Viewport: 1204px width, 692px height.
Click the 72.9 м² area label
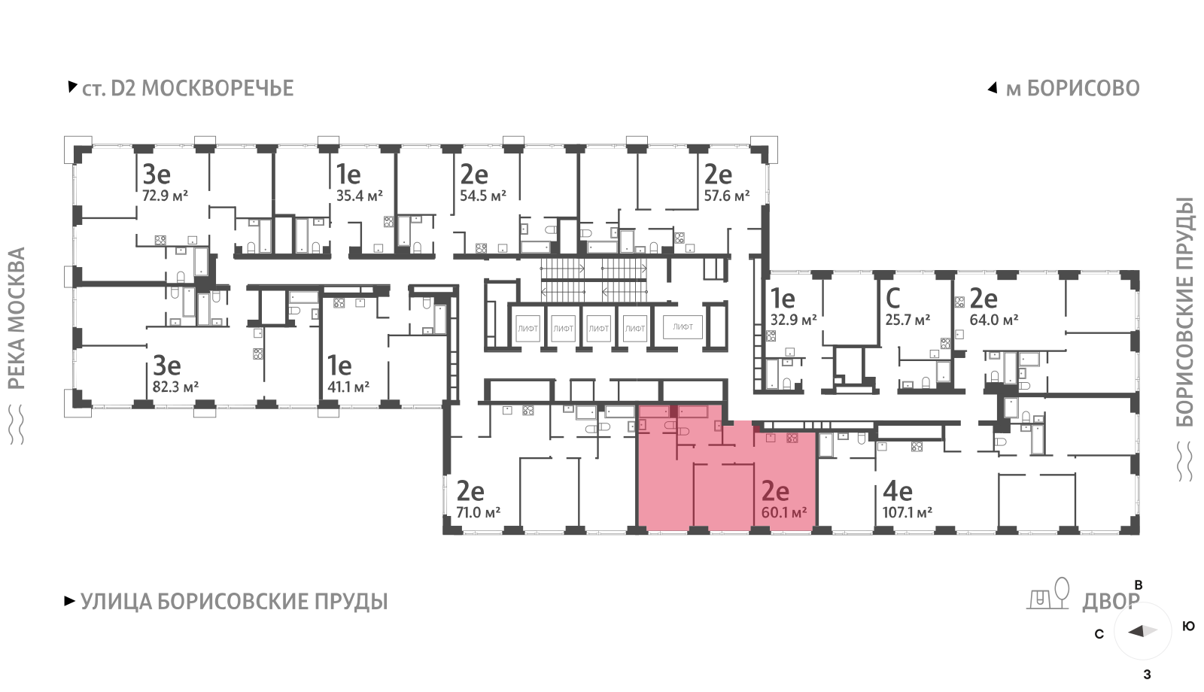coord(165,196)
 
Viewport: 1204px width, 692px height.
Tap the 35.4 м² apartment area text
coord(359,196)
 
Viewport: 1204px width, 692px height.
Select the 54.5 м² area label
coord(482,196)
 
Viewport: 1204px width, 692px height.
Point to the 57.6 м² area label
coord(726,196)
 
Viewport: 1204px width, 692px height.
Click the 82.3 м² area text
coord(175,387)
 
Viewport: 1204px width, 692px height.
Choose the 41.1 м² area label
coord(348,387)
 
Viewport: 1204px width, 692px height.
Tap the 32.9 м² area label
coord(793,320)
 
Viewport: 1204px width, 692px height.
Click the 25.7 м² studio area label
coord(908,320)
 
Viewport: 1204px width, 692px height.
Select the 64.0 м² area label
coord(993,320)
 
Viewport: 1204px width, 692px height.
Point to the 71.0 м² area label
coord(478,513)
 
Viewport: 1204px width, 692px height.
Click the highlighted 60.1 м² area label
coord(783,513)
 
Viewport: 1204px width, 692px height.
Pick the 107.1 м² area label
coord(907,513)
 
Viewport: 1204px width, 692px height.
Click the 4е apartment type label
coord(897,492)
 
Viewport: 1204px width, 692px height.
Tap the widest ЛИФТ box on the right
coord(683,327)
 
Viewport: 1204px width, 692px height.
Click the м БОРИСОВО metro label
coord(1072,89)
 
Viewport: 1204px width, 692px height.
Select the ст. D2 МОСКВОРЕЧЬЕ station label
coord(187,89)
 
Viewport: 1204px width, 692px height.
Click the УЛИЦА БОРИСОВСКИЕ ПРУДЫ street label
coord(233,602)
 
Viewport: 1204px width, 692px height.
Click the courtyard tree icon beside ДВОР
coord(1062,592)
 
